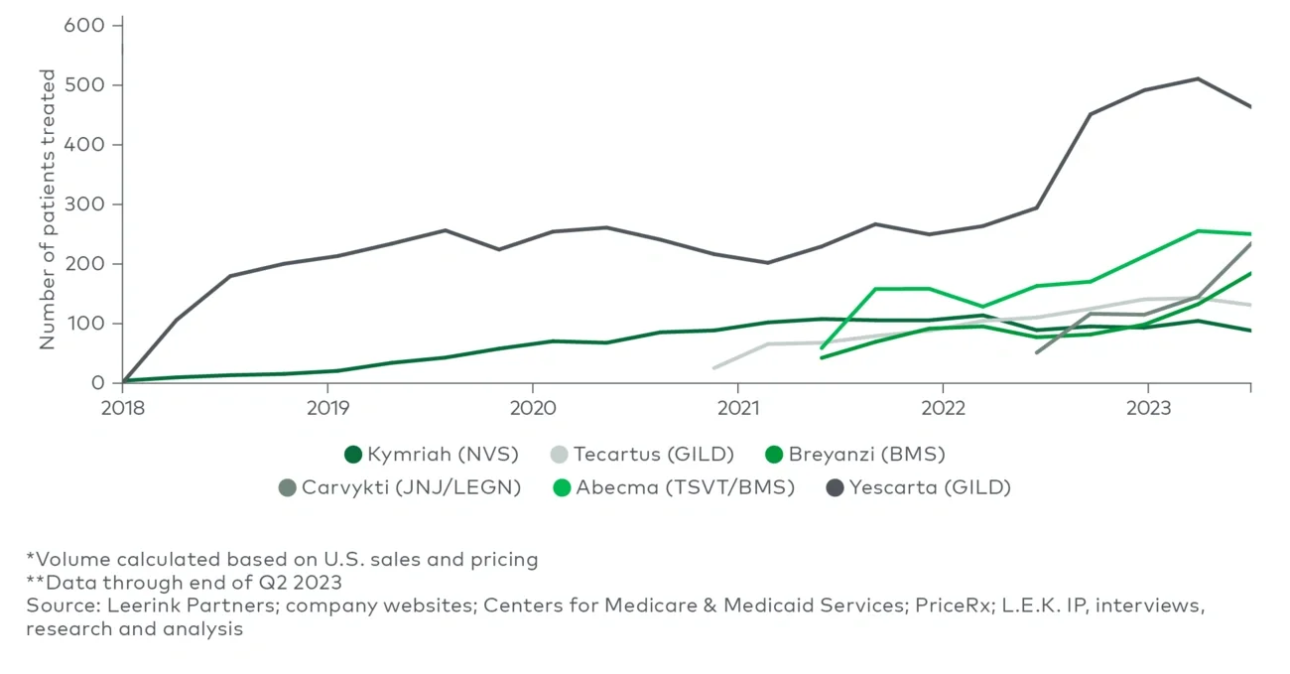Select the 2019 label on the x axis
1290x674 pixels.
327,408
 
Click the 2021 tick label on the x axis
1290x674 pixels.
737,408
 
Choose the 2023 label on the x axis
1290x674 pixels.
1147,408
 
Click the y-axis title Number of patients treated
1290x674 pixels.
48,208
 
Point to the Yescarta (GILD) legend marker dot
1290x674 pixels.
836,488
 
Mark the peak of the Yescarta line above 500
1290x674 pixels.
1198,78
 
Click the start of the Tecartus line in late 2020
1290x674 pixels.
713,368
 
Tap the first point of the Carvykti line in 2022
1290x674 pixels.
1036,352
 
